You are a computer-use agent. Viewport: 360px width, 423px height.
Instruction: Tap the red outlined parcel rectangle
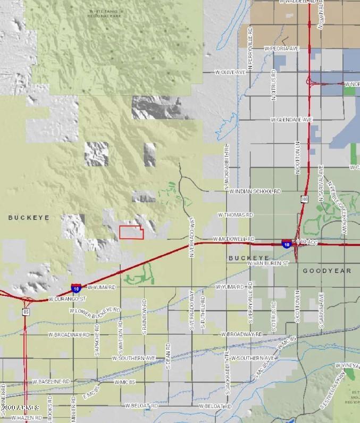(131, 233)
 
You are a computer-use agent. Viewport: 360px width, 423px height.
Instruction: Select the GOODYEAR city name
(327, 271)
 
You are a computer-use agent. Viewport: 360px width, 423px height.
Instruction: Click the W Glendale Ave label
(291, 120)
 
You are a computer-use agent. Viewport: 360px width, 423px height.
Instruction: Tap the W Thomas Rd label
(236, 215)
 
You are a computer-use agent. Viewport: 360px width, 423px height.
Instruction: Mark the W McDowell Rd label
(233, 239)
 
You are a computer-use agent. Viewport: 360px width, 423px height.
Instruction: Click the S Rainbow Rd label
(144, 320)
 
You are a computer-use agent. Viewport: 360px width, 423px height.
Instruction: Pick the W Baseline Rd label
(51, 382)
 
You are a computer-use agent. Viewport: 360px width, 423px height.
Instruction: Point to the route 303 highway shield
(304, 198)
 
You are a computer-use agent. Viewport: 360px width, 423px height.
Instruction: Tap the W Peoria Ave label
(281, 48)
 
